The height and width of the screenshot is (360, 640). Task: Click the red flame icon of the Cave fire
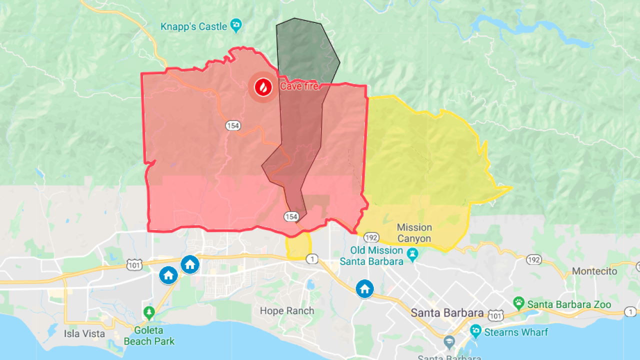point(263,87)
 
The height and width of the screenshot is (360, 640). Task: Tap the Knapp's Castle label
point(193,26)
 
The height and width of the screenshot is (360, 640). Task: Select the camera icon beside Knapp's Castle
point(236,25)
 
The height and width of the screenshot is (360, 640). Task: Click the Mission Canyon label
point(414,233)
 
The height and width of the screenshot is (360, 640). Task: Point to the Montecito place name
point(594,271)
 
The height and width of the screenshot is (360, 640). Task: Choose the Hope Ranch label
point(287,310)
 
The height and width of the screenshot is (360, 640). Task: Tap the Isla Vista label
point(84,333)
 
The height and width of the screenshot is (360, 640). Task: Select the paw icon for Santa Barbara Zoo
point(519,303)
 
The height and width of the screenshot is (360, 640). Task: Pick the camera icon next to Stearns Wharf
point(475,330)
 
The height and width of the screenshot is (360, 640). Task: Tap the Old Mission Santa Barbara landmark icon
point(412,254)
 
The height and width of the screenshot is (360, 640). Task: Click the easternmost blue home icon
point(364,288)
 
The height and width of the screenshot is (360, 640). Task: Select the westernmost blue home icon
point(168,274)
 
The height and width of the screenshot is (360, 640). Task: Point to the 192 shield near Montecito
point(533,259)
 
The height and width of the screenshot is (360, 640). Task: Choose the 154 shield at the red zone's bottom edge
point(291,216)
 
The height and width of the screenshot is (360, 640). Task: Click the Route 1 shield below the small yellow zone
point(312,258)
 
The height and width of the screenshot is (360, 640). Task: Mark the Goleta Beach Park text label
point(149,336)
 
